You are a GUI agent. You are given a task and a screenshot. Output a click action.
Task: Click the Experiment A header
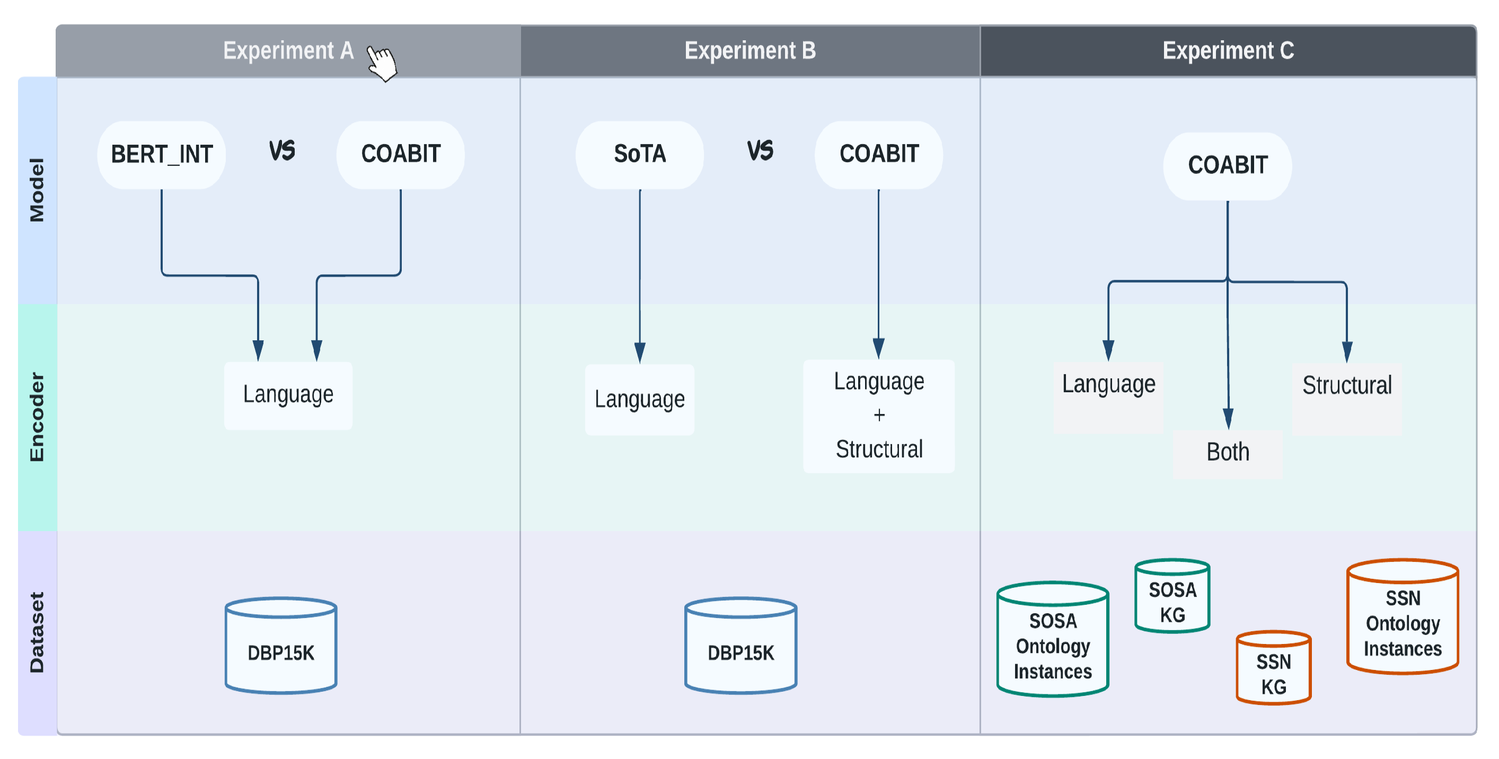pyautogui.click(x=288, y=51)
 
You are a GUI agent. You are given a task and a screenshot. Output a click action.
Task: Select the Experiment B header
pyautogui.click(x=749, y=51)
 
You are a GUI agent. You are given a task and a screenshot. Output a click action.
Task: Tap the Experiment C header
pyautogui.click(x=1228, y=51)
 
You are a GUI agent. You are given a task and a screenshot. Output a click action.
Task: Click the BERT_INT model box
pyautogui.click(x=161, y=154)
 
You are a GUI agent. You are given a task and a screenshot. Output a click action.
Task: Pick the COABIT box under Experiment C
pyautogui.click(x=1227, y=165)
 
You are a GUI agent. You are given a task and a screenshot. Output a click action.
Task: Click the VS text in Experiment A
pyautogui.click(x=281, y=152)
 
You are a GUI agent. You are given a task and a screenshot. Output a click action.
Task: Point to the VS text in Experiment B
pyautogui.click(x=760, y=152)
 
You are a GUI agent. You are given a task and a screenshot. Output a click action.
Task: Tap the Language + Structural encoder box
pyautogui.click(x=879, y=416)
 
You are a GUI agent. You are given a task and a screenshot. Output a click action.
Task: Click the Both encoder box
pyautogui.click(x=1227, y=453)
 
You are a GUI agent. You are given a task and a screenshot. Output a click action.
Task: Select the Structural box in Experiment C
pyautogui.click(x=1346, y=386)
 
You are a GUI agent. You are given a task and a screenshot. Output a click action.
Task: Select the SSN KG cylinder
pyautogui.click(x=1273, y=669)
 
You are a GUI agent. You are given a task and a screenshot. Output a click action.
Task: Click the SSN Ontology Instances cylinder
pyautogui.click(x=1403, y=618)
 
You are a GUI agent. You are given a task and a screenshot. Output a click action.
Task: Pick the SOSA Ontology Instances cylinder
pyautogui.click(x=1052, y=640)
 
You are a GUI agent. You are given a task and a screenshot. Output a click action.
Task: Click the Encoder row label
pyautogui.click(x=37, y=417)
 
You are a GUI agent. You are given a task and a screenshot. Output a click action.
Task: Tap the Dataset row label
pyautogui.click(x=37, y=632)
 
